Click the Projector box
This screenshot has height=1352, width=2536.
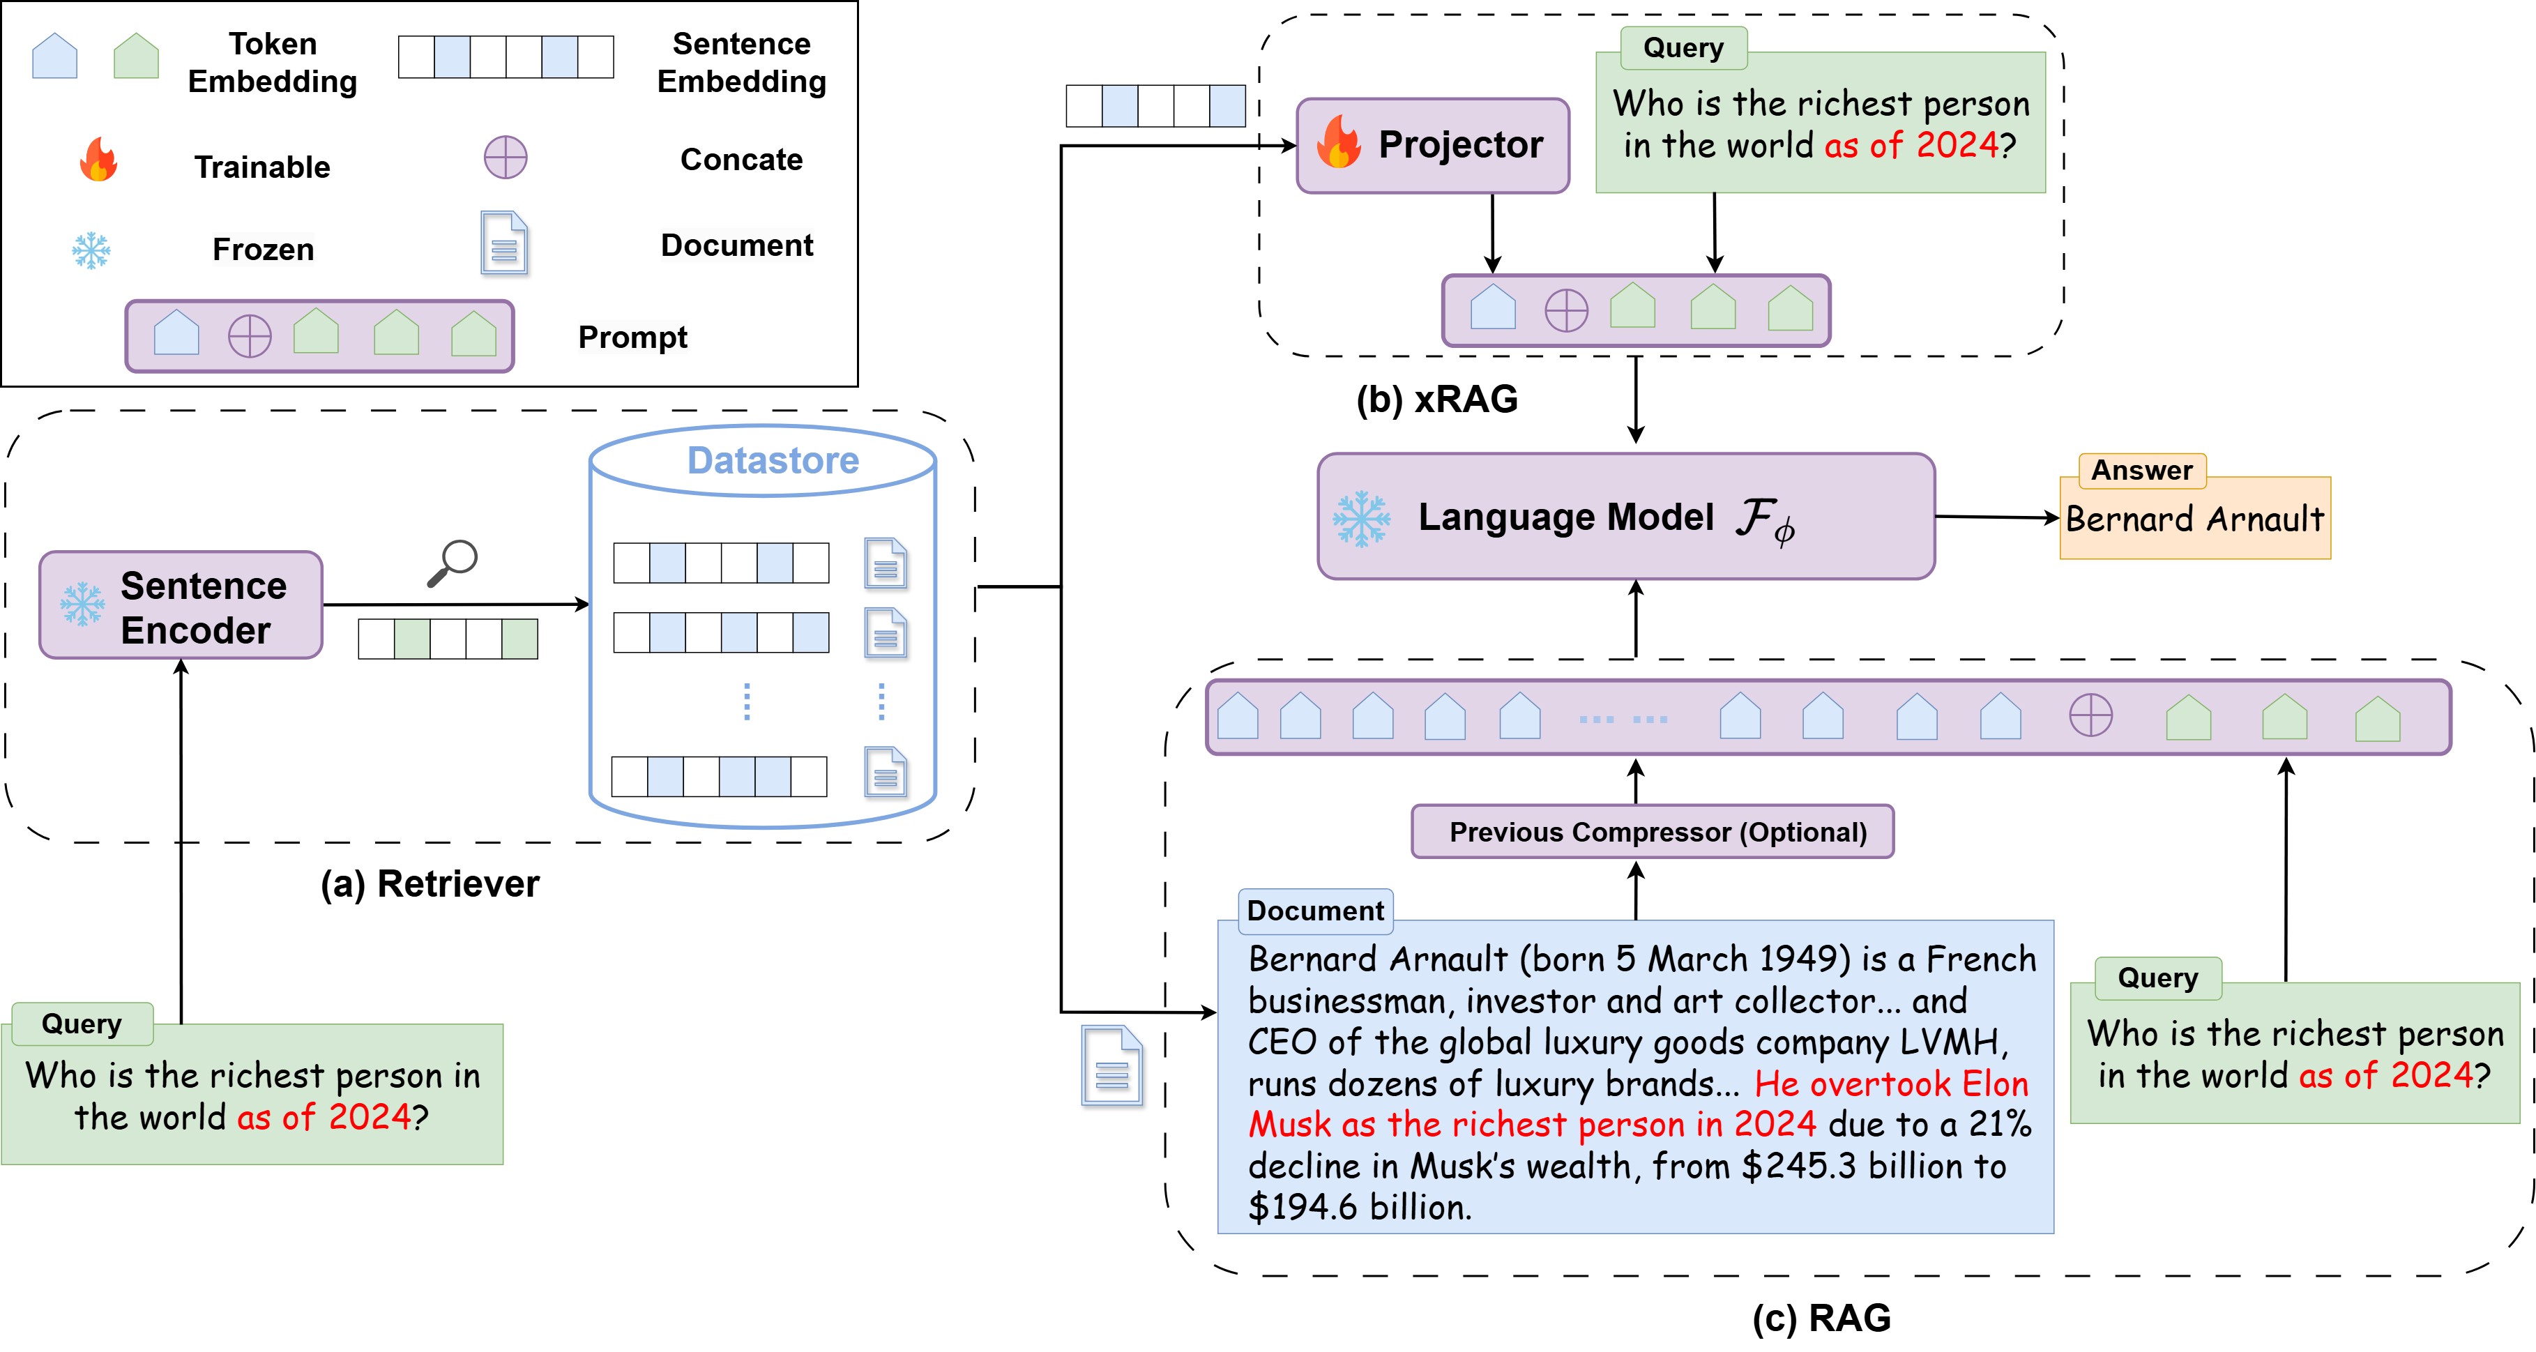coord(1432,145)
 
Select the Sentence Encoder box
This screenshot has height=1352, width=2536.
coord(181,605)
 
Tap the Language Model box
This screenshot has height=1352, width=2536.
coord(1625,516)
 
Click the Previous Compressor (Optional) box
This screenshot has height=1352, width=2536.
coord(1652,832)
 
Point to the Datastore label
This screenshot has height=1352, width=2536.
coord(773,460)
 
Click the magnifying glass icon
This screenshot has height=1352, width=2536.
coord(453,562)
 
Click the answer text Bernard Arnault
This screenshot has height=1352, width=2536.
coord(2194,519)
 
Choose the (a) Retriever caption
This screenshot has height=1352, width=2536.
coord(430,883)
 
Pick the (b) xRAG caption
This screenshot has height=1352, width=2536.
coord(1436,399)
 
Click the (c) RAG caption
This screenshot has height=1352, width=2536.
coord(1821,1318)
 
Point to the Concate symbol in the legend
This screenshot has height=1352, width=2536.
coord(505,158)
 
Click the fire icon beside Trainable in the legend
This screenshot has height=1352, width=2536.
coord(98,160)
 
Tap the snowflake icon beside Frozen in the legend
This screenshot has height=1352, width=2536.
coord(91,250)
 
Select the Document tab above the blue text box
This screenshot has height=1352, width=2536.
coord(1315,910)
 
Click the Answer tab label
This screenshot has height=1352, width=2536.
coord(2142,471)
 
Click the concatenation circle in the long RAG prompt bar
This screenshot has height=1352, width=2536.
coord(2090,716)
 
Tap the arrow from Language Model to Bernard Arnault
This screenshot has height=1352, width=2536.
coord(1996,517)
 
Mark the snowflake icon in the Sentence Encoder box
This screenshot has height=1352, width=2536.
coord(83,605)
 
